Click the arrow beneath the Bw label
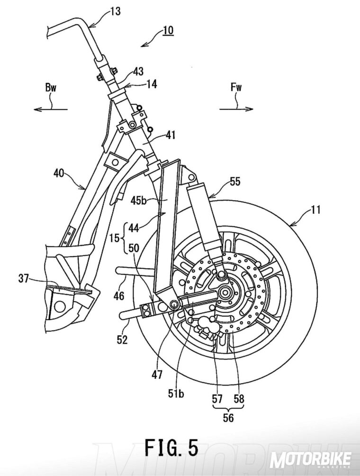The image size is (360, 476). [50, 109]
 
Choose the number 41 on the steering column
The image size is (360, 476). [170, 136]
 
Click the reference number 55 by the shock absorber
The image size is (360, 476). [236, 181]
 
